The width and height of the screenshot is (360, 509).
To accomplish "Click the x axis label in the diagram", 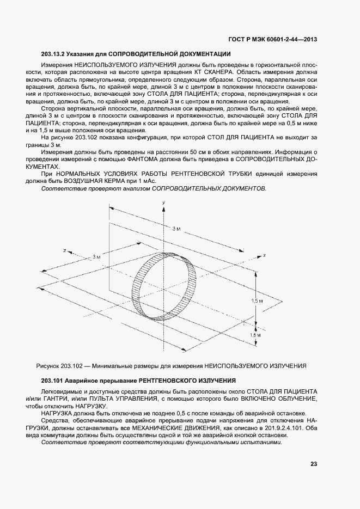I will [264, 255].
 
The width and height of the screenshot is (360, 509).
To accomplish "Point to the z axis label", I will [65, 250].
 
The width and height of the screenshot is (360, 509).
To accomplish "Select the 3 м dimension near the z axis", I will [96, 256].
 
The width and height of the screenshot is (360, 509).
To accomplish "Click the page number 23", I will [314, 464].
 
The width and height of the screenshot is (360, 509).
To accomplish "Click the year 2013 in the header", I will [309, 39].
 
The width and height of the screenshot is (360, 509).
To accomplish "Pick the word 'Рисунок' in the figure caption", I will [48, 365].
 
